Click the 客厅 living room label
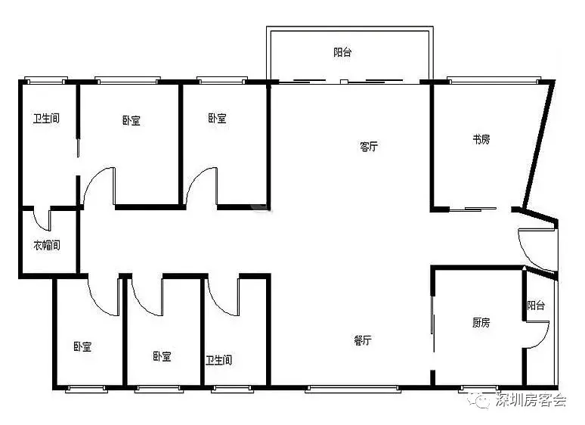(x=369, y=146)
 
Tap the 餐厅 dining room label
(x=362, y=340)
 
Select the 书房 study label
(x=481, y=140)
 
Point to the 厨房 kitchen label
(x=481, y=322)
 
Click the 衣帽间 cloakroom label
(x=47, y=245)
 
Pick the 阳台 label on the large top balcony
(x=342, y=52)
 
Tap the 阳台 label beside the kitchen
(x=536, y=306)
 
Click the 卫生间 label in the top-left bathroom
(x=46, y=119)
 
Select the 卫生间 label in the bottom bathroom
(x=218, y=360)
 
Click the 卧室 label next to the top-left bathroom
(x=131, y=120)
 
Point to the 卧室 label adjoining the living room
(x=217, y=118)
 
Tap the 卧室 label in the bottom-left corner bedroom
(x=82, y=346)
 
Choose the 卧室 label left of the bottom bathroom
(x=162, y=356)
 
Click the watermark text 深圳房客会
(x=531, y=400)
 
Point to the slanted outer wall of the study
(x=538, y=144)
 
